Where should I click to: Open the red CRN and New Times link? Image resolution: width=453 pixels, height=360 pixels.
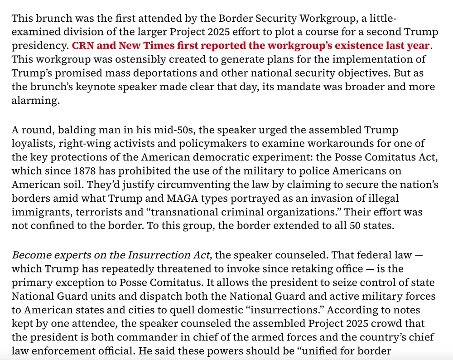click(x=250, y=46)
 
